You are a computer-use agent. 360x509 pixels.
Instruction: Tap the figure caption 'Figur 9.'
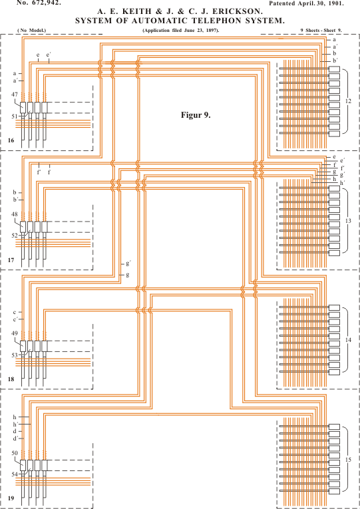tap(196, 115)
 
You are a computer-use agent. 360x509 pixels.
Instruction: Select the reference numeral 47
tap(14, 94)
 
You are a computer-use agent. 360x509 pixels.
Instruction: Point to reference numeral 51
tap(14, 116)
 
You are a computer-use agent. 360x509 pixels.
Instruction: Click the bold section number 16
tap(11, 140)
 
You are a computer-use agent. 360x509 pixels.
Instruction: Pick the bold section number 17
tap(11, 259)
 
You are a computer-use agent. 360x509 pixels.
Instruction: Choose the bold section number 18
tap(11, 379)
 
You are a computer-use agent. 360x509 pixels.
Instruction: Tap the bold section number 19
tap(11, 498)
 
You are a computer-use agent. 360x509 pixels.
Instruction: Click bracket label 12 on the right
tap(348, 101)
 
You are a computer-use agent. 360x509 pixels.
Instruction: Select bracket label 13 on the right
tap(348, 221)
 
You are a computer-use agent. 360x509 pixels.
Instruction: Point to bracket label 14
tap(348, 340)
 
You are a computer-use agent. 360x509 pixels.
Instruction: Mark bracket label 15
tap(348, 459)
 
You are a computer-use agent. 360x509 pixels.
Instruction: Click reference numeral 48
tap(14, 214)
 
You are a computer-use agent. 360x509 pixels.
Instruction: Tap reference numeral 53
tap(14, 355)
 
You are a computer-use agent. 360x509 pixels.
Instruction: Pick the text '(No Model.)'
tap(32, 31)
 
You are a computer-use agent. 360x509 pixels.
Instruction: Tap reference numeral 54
tap(14, 474)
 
